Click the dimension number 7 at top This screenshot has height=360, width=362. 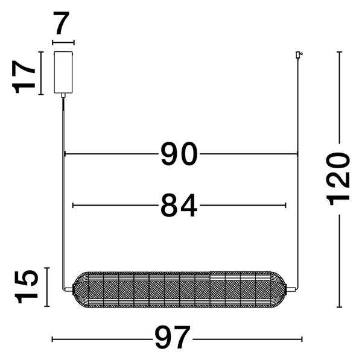click(62, 23)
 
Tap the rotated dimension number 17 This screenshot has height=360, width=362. click(24, 77)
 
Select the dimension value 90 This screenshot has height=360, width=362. click(179, 154)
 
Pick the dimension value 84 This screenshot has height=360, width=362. click(179, 206)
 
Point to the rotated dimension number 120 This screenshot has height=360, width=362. click(338, 179)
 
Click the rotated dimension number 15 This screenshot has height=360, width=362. click(26, 286)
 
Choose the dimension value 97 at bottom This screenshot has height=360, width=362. click(173, 337)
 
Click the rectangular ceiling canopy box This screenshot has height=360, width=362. click(63, 72)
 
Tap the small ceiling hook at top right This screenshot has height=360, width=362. click(299, 55)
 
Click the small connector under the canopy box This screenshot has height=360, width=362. click(63, 95)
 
